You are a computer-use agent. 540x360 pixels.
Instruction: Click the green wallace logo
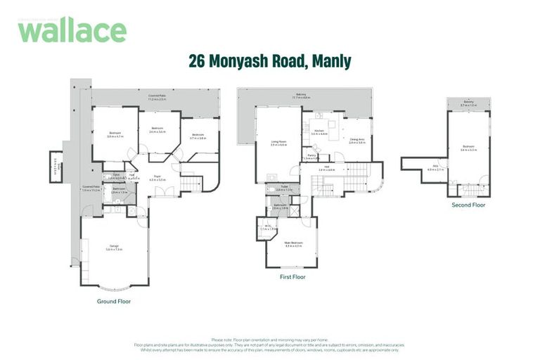click(72, 30)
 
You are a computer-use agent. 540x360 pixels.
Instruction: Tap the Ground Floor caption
click(114, 301)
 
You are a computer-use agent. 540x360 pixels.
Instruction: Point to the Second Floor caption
click(469, 205)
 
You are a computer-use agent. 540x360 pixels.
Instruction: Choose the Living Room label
click(278, 143)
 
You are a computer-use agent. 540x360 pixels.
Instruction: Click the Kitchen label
click(319, 132)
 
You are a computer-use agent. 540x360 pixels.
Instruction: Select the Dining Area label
click(357, 141)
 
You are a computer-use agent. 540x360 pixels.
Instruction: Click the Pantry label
click(311, 156)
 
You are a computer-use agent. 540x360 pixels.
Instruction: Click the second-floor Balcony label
click(468, 103)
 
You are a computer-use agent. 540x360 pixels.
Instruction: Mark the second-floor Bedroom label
click(468, 148)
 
